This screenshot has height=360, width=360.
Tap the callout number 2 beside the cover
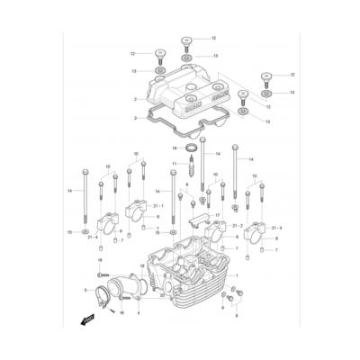[133, 99]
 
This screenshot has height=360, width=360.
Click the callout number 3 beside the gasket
[133, 118]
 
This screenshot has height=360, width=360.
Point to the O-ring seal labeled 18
[192, 147]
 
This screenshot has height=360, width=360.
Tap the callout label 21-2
[238, 225]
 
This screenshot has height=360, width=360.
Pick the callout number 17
[218, 214]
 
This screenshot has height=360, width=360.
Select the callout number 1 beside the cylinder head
[238, 274]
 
